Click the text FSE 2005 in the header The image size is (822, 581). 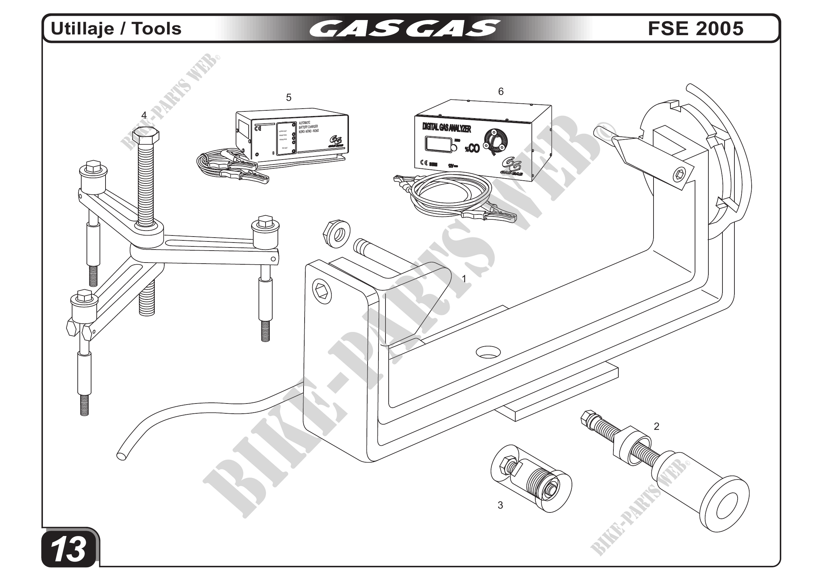click(x=695, y=28)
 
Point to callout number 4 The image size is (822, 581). click(x=144, y=115)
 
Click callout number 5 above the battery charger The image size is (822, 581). click(x=288, y=97)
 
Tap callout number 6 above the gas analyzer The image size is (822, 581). click(x=501, y=92)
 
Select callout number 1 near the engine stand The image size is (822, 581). click(x=464, y=279)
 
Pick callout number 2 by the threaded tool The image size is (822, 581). click(x=656, y=426)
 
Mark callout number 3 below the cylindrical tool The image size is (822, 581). click(x=500, y=505)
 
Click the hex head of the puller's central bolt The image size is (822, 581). click(x=146, y=136)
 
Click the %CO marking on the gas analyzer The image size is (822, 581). click(x=472, y=148)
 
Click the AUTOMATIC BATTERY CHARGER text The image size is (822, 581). click(x=308, y=127)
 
